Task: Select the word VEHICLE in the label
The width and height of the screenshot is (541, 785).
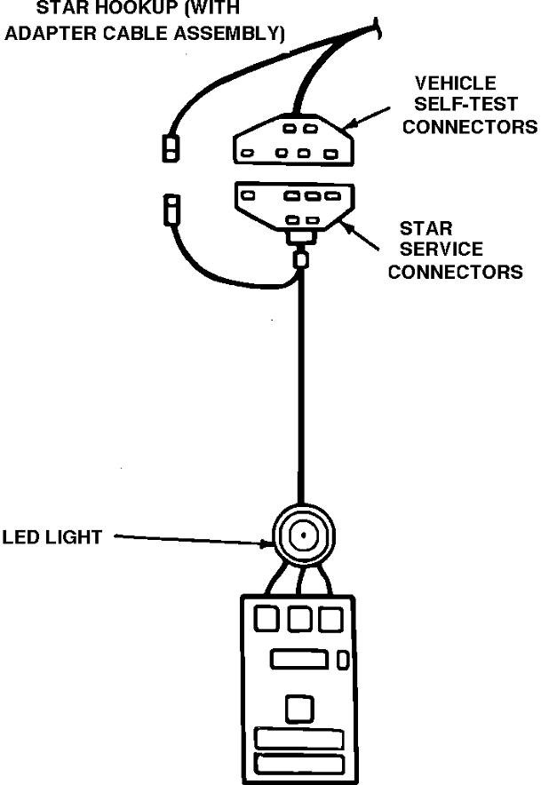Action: click(x=455, y=83)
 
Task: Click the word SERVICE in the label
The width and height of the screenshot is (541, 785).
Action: click(x=441, y=250)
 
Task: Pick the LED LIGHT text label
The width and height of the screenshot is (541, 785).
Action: click(x=52, y=537)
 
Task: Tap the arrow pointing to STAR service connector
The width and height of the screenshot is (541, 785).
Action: click(x=363, y=234)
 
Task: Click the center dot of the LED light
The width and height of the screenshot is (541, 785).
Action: click(x=302, y=536)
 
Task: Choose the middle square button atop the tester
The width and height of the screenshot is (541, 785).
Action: click(x=300, y=620)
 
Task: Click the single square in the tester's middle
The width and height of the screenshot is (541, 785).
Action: click(x=298, y=708)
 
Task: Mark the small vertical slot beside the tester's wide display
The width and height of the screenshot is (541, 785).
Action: click(x=343, y=660)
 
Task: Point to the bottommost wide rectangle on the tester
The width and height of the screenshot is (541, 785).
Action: click(x=299, y=764)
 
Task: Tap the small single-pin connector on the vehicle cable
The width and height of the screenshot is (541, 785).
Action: click(x=168, y=147)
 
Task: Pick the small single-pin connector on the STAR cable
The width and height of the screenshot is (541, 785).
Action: click(x=171, y=211)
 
